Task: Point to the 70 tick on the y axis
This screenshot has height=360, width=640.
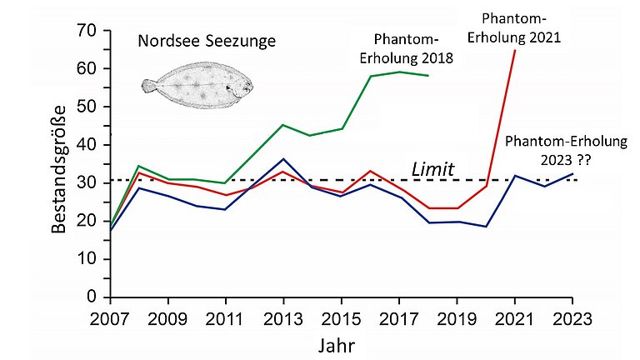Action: pos(86,31)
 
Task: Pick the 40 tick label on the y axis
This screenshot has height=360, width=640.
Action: pos(86,145)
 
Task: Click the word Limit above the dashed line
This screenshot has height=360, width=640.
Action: pos(432,170)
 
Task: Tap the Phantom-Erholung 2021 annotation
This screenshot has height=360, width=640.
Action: pos(521,27)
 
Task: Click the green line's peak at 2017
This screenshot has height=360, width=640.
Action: pos(399,72)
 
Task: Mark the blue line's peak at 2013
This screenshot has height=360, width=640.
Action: pos(284,159)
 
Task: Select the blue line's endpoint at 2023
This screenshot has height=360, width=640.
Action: pos(572,174)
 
